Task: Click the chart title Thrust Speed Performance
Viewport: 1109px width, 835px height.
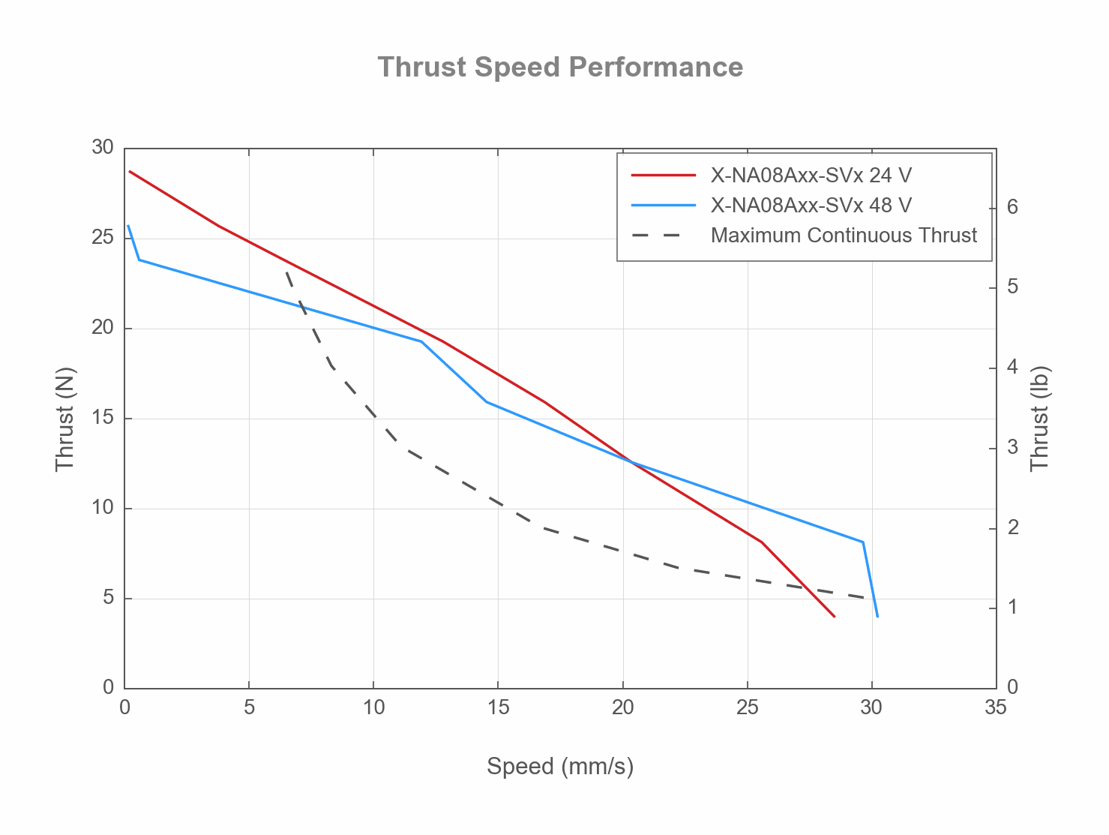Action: click(560, 68)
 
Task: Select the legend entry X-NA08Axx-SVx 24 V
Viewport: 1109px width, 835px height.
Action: click(811, 176)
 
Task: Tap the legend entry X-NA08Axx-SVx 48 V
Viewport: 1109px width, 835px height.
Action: click(811, 206)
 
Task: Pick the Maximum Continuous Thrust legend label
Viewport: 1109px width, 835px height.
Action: click(843, 236)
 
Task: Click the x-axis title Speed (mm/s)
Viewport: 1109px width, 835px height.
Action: click(560, 767)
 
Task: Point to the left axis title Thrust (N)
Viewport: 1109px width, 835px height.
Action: click(65, 419)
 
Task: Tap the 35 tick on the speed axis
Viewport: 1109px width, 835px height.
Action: click(996, 707)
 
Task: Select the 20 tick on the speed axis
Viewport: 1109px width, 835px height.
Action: click(622, 707)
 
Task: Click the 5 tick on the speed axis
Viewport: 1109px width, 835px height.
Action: click(249, 707)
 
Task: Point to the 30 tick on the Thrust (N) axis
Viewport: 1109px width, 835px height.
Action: click(103, 148)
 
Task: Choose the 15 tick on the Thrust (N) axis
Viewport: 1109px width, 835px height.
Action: click(103, 418)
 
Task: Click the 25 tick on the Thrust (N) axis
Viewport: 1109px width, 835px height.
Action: click(103, 238)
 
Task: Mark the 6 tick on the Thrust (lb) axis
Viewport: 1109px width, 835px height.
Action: click(1012, 207)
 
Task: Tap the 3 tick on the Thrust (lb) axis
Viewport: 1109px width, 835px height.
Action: click(1012, 449)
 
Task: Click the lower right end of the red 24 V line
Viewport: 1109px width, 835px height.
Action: click(834, 616)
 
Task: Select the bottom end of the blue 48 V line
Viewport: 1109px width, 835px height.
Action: click(877, 616)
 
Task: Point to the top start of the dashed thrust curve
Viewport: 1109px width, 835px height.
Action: click(286, 272)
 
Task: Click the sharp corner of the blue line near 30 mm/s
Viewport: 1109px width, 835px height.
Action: click(863, 542)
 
